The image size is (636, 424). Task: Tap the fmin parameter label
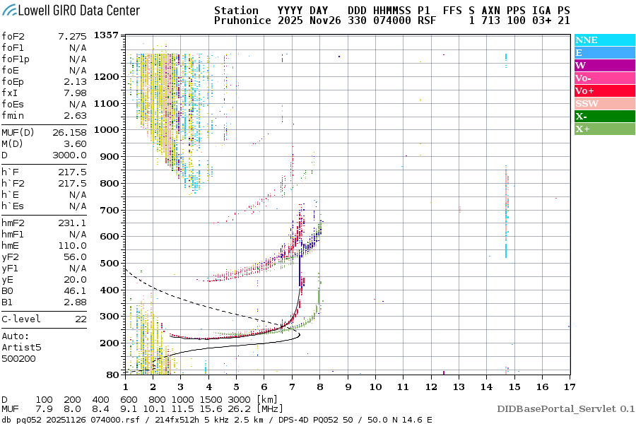13,115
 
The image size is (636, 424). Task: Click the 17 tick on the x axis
569,387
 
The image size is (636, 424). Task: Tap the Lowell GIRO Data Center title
71,11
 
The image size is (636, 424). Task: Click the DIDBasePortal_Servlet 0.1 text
565,408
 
